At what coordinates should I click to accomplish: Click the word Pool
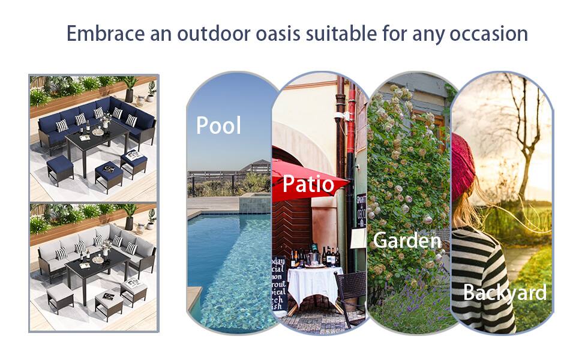click(218, 125)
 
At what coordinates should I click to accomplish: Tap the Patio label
click(308, 184)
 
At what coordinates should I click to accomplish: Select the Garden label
click(407, 240)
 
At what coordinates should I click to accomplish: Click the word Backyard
click(505, 292)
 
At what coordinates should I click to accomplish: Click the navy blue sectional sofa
click(90, 120)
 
